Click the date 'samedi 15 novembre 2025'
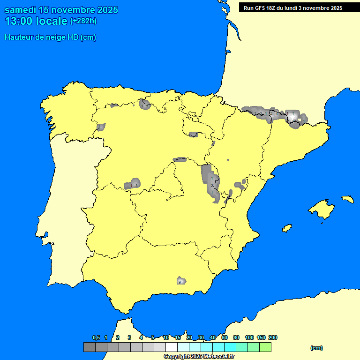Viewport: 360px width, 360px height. [x=61, y=10]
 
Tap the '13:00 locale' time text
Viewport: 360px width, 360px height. [x=36, y=21]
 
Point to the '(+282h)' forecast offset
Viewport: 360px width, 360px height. [x=83, y=21]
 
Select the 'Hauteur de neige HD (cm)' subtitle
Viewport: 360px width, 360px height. [x=50, y=37]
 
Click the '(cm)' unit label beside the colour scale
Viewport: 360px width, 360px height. [x=316, y=348]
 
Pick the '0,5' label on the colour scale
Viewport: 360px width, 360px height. [x=96, y=338]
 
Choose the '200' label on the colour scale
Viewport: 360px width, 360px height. [x=272, y=338]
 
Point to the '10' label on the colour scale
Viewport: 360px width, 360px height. [x=166, y=338]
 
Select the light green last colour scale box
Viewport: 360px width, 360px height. [x=265, y=347]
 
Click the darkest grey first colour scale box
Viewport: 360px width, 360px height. [x=90, y=347]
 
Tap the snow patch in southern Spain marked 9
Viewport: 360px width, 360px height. [x=180, y=281]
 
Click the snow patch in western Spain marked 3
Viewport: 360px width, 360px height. [x=133, y=184]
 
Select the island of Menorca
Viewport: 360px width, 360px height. [x=347, y=199]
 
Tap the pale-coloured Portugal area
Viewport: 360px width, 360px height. [x=70, y=211]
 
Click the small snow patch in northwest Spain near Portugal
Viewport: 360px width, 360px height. [x=101, y=127]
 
